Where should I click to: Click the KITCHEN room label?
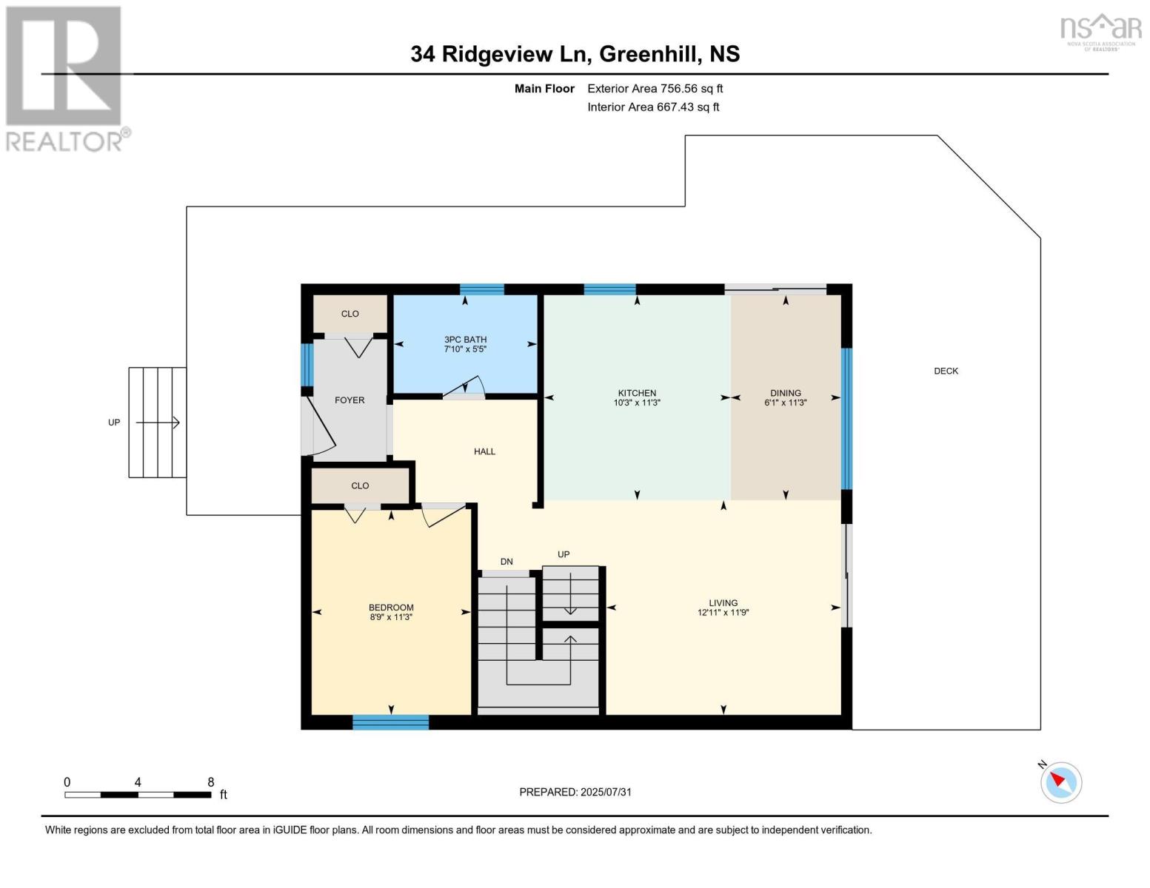[637, 393]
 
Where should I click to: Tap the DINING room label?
[785, 393]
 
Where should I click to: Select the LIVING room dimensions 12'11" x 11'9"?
[723, 613]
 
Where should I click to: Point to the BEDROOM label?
[391, 608]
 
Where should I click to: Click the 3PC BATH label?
[465, 340]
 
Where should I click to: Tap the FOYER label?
[350, 400]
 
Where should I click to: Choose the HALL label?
[484, 451]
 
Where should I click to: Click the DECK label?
[946, 371]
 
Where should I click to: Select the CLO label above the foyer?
[350, 314]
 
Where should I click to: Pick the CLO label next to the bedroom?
[360, 485]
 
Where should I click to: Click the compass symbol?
[1060, 782]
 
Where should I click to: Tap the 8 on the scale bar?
[210, 782]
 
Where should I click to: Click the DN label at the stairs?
[507, 562]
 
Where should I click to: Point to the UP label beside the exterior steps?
[114, 423]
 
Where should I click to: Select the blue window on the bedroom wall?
[390, 722]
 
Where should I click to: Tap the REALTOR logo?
[65, 78]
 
